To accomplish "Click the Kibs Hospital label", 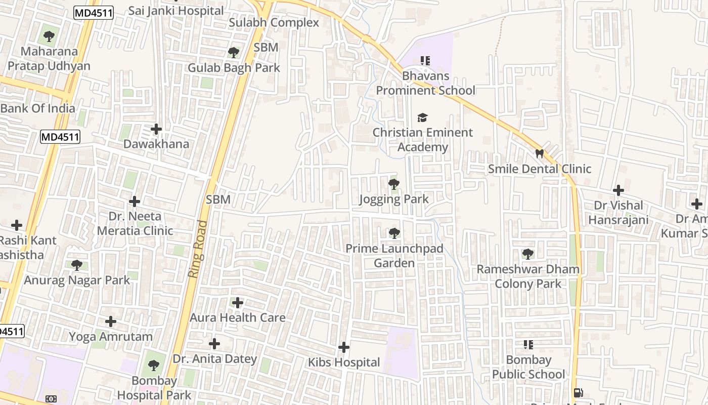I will click(x=344, y=362).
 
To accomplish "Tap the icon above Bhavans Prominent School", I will click(x=425, y=61).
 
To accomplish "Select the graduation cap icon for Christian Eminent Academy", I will click(x=422, y=118).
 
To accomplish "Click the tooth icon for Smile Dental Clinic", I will click(x=539, y=153).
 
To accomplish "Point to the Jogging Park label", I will click(x=393, y=199).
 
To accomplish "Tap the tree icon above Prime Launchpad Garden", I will click(x=394, y=233).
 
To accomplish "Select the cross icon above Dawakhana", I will click(x=156, y=129).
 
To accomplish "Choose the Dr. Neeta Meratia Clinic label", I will click(x=135, y=223).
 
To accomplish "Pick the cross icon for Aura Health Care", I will click(x=237, y=303).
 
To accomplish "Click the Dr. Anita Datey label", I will click(x=215, y=359).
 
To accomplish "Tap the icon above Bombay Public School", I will click(x=528, y=345).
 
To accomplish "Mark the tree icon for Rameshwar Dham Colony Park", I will click(x=527, y=254).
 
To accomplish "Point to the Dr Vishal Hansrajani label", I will click(x=618, y=213).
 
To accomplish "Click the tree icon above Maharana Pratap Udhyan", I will click(x=49, y=36).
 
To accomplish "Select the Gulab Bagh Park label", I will click(x=234, y=68).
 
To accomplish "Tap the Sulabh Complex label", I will click(x=274, y=23).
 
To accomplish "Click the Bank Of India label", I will click(x=37, y=108).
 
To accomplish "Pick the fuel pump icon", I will click(x=578, y=393).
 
